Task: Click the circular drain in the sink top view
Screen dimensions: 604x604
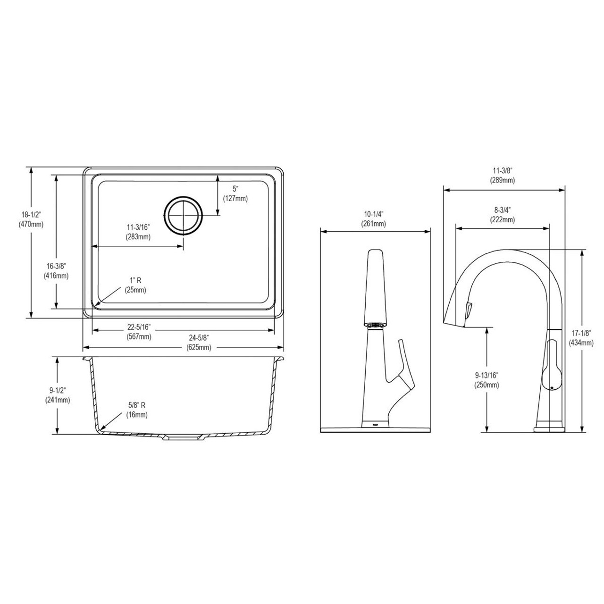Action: point(184,215)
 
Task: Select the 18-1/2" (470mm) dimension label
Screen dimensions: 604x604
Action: point(31,220)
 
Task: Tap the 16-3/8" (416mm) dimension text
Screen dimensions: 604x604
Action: point(56,271)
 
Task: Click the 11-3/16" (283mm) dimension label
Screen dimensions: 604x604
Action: point(138,233)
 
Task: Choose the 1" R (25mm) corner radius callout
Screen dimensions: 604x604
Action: point(135,285)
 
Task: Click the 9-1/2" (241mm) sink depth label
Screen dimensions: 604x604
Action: point(57,395)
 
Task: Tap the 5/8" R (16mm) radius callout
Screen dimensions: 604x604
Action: point(137,410)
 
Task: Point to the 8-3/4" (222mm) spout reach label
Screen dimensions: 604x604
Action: point(502,215)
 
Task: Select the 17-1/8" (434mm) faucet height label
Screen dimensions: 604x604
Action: point(581,338)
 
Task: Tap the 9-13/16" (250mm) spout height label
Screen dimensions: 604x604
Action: point(486,380)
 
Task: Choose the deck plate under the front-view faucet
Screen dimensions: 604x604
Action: point(375,430)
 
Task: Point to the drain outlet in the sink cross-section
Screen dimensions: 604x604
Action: point(184,437)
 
